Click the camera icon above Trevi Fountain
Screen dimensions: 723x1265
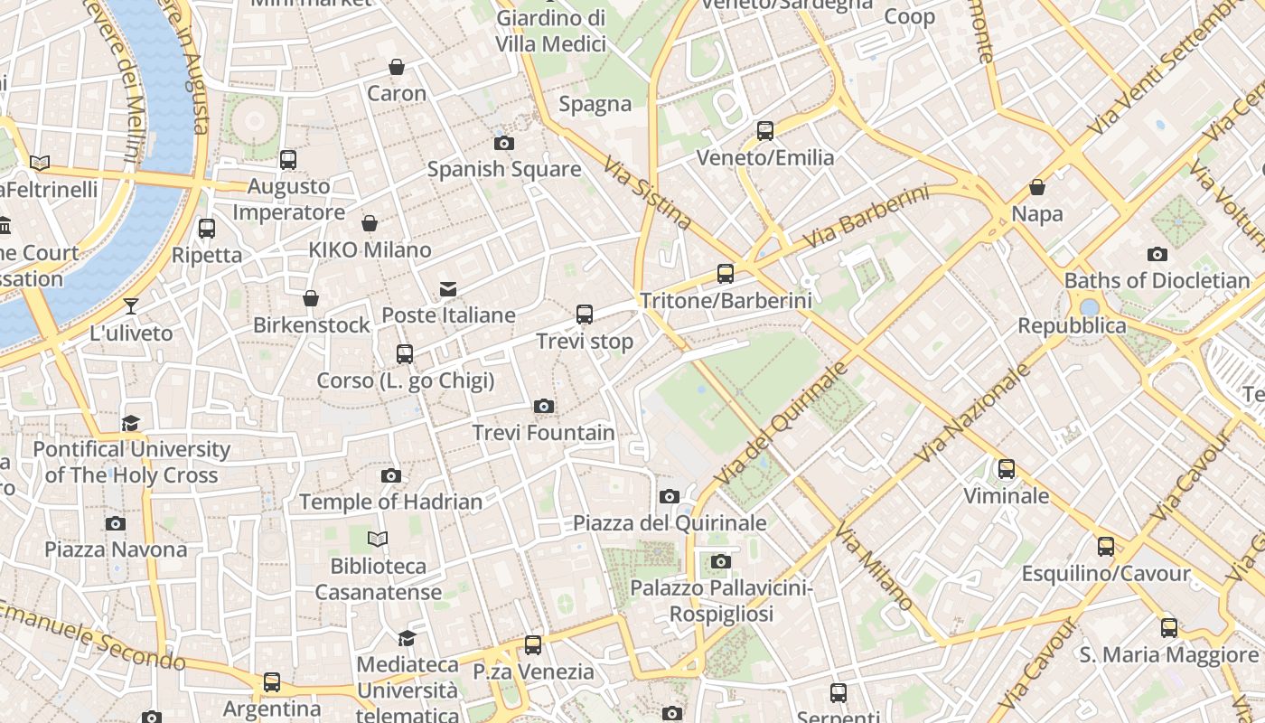click(x=544, y=406)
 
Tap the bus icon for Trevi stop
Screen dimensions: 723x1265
click(x=585, y=315)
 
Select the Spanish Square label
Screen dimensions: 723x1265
click(x=504, y=169)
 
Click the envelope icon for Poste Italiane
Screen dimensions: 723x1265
click(x=448, y=288)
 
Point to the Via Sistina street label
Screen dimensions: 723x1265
click(x=647, y=193)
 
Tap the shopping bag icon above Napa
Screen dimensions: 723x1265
click(x=1037, y=187)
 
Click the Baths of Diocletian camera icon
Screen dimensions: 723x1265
click(x=1157, y=254)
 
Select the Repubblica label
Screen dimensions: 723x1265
click(x=1072, y=325)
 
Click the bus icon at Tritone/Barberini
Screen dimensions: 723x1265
click(x=726, y=273)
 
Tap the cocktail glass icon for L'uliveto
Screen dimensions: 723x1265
click(x=131, y=305)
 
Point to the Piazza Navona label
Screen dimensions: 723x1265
click(x=116, y=549)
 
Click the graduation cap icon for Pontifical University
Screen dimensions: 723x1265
click(x=131, y=423)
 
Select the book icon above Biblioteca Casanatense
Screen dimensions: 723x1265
click(x=378, y=540)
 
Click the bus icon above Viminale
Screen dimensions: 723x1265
click(x=1007, y=468)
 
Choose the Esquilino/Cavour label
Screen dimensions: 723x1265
click(x=1106, y=574)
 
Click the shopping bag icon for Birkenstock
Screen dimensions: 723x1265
click(x=311, y=297)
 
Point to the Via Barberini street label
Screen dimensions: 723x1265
click(x=866, y=218)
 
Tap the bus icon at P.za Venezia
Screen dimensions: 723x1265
click(x=533, y=644)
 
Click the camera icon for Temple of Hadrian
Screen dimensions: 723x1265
click(x=391, y=475)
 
